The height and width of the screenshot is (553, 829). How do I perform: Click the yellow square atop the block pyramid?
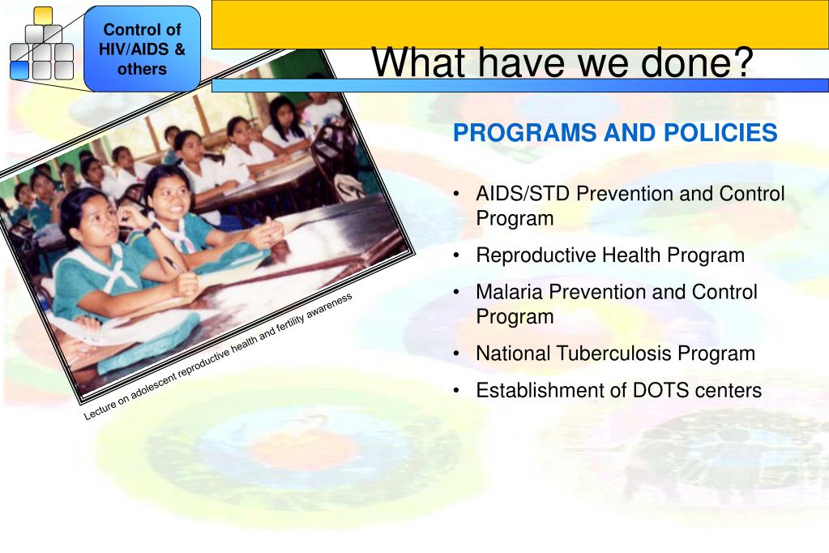[43, 15]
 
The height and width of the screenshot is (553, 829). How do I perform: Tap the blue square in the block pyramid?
[19, 70]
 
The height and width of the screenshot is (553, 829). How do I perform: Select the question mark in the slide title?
[741, 62]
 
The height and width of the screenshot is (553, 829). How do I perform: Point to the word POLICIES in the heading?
[720, 132]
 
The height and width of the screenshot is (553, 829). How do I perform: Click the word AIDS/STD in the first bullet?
[523, 194]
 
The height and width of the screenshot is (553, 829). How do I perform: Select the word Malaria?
[509, 292]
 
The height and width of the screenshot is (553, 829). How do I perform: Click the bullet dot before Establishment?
[456, 391]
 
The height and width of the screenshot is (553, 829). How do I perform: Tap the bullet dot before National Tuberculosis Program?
[456, 354]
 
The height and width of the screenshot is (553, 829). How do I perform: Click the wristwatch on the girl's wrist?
[152, 228]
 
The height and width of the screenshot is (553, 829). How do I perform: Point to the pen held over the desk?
[173, 264]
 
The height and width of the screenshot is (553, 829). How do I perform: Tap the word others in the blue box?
[143, 69]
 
